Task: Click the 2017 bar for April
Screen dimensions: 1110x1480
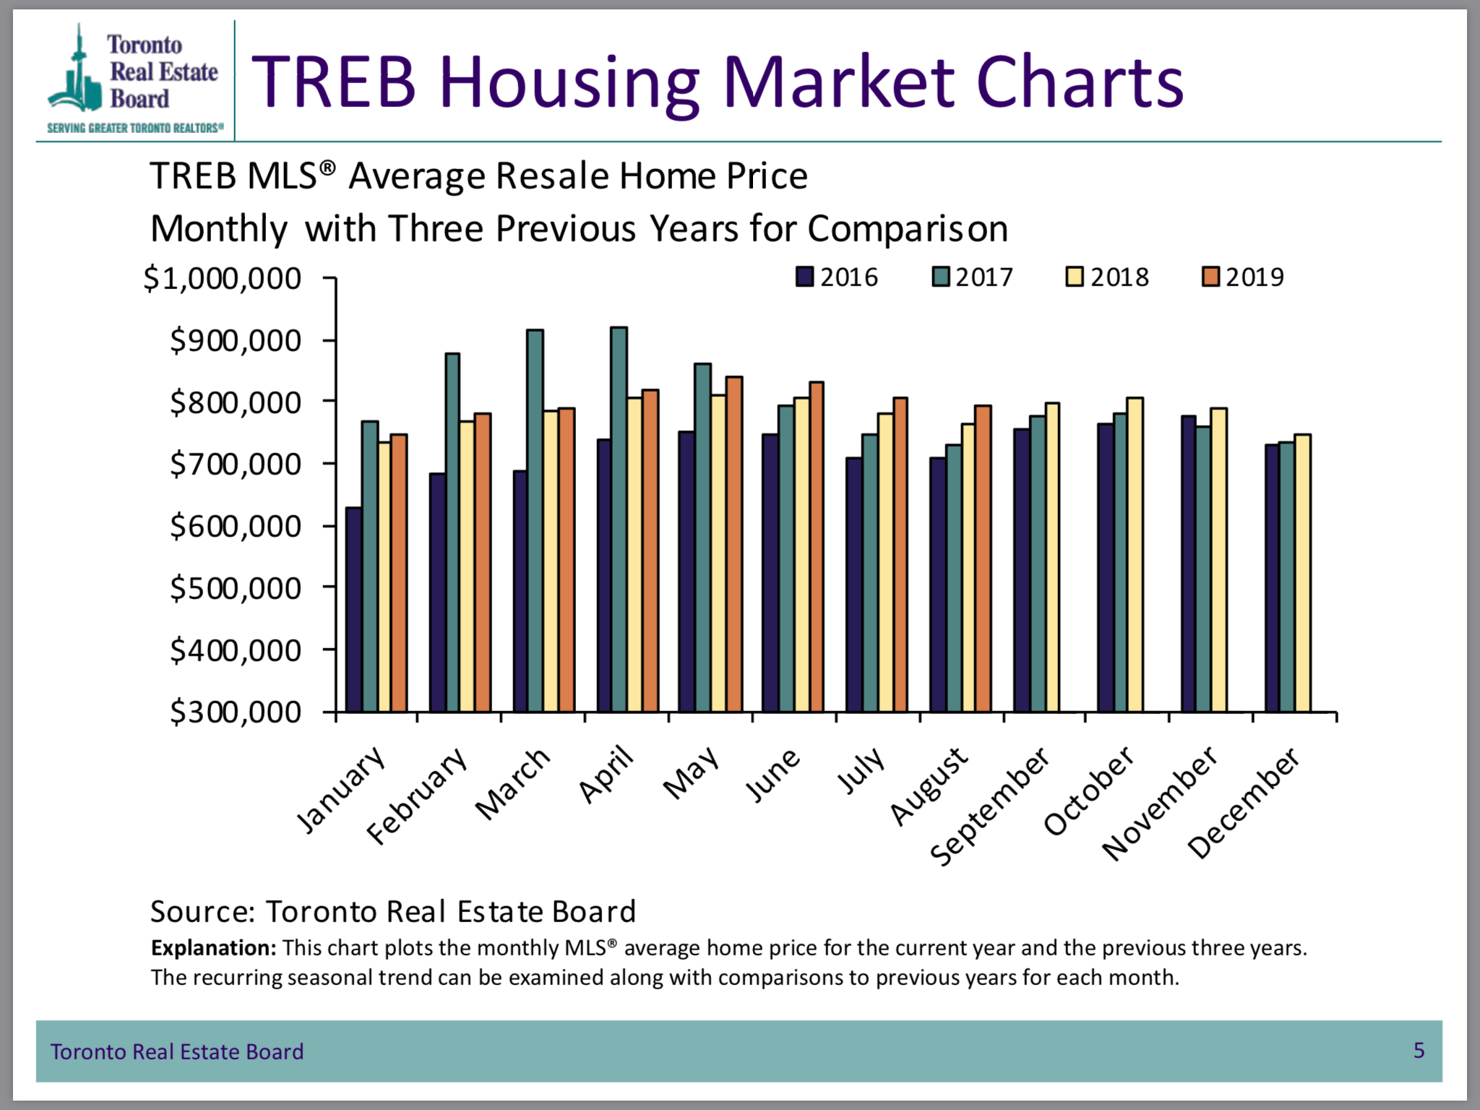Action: tap(619, 520)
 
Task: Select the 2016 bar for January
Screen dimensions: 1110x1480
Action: tap(353, 611)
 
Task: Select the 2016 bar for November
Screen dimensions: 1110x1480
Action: tap(1188, 564)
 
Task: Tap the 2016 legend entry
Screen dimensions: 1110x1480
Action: tap(837, 277)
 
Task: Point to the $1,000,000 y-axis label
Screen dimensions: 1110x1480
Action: tap(222, 279)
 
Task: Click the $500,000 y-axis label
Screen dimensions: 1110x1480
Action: tap(236, 588)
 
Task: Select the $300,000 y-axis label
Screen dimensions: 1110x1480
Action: tap(236, 713)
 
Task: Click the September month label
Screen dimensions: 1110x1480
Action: tap(990, 806)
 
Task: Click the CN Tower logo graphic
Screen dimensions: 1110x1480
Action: tap(77, 72)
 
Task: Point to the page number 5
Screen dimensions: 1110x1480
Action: tap(1419, 1050)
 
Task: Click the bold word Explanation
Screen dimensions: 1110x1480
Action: tap(213, 947)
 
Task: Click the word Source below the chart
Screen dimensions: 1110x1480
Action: tap(202, 912)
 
